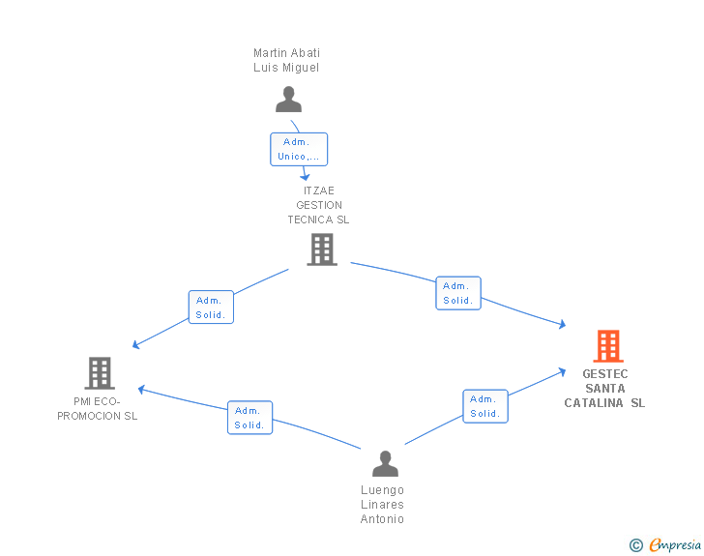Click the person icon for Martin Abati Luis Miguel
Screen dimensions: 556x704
[x=288, y=99]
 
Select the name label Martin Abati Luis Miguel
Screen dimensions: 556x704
[x=286, y=60]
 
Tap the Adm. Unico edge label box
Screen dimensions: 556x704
[x=299, y=149]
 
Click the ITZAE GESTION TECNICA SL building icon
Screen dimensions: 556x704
[x=322, y=249]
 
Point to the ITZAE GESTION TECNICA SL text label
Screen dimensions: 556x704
[x=318, y=205]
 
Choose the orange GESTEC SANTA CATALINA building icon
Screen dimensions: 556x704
[x=607, y=346]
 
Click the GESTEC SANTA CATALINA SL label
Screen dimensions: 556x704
[x=605, y=389]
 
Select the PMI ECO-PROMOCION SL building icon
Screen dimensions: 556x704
[x=99, y=372]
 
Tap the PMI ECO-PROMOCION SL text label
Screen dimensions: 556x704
[x=98, y=409]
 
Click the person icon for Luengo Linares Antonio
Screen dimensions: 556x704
[x=385, y=464]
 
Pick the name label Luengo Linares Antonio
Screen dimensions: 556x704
[x=382, y=505]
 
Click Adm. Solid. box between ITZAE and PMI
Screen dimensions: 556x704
[x=211, y=307]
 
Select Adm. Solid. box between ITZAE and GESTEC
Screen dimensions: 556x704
[x=457, y=293]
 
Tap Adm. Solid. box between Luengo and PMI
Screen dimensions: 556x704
[x=249, y=418]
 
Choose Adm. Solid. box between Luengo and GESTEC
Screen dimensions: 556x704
[x=484, y=406]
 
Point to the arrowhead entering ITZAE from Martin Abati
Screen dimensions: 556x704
[x=306, y=177]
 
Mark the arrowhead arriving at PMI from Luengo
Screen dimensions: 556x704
[x=141, y=390]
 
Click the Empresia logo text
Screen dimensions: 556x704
[x=675, y=545]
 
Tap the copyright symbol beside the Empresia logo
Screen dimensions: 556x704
[x=636, y=545]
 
